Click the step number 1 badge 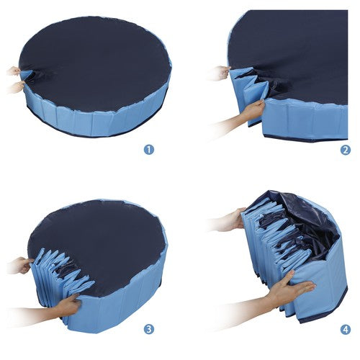click(149, 150)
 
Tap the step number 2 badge click(346, 150)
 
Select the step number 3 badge click(149, 329)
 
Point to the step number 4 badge click(346, 329)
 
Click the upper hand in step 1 click(15, 71)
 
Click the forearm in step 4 click(240, 310)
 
